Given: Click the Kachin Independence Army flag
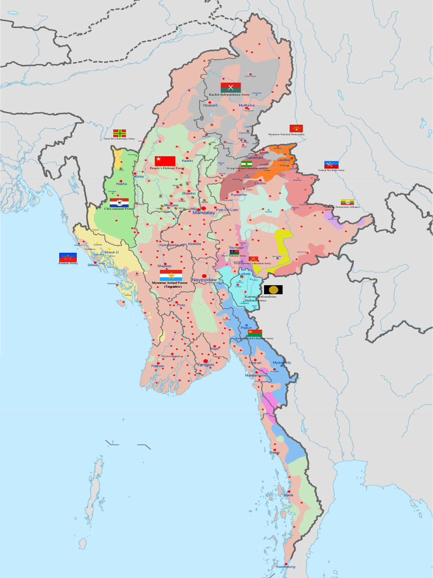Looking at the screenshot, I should tap(231, 87).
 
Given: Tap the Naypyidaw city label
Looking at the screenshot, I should tap(204, 280).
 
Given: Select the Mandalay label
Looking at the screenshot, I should tap(204, 213).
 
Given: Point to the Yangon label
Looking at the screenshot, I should tap(205, 365).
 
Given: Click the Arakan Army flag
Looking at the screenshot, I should tap(68, 257).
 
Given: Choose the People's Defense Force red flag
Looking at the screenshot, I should tap(165, 161).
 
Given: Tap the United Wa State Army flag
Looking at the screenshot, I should tap(331, 165).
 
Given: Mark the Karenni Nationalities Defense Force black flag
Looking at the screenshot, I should tap(273, 290).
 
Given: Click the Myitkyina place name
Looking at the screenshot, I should tap(246, 106).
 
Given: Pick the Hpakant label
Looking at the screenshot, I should tap(210, 105).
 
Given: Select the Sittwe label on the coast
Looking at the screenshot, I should tap(92, 264).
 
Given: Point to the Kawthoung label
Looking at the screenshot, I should tap(285, 566).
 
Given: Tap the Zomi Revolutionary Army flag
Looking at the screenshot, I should tap(119, 133).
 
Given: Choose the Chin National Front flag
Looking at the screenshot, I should tap(119, 202).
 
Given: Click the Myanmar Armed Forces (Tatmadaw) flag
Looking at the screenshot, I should tap(171, 275).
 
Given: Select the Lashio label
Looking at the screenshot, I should tap(260, 183).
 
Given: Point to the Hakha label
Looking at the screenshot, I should tap(121, 184).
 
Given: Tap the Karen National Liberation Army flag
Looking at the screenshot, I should tap(255, 333).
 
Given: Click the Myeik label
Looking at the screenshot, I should tap(289, 495).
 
